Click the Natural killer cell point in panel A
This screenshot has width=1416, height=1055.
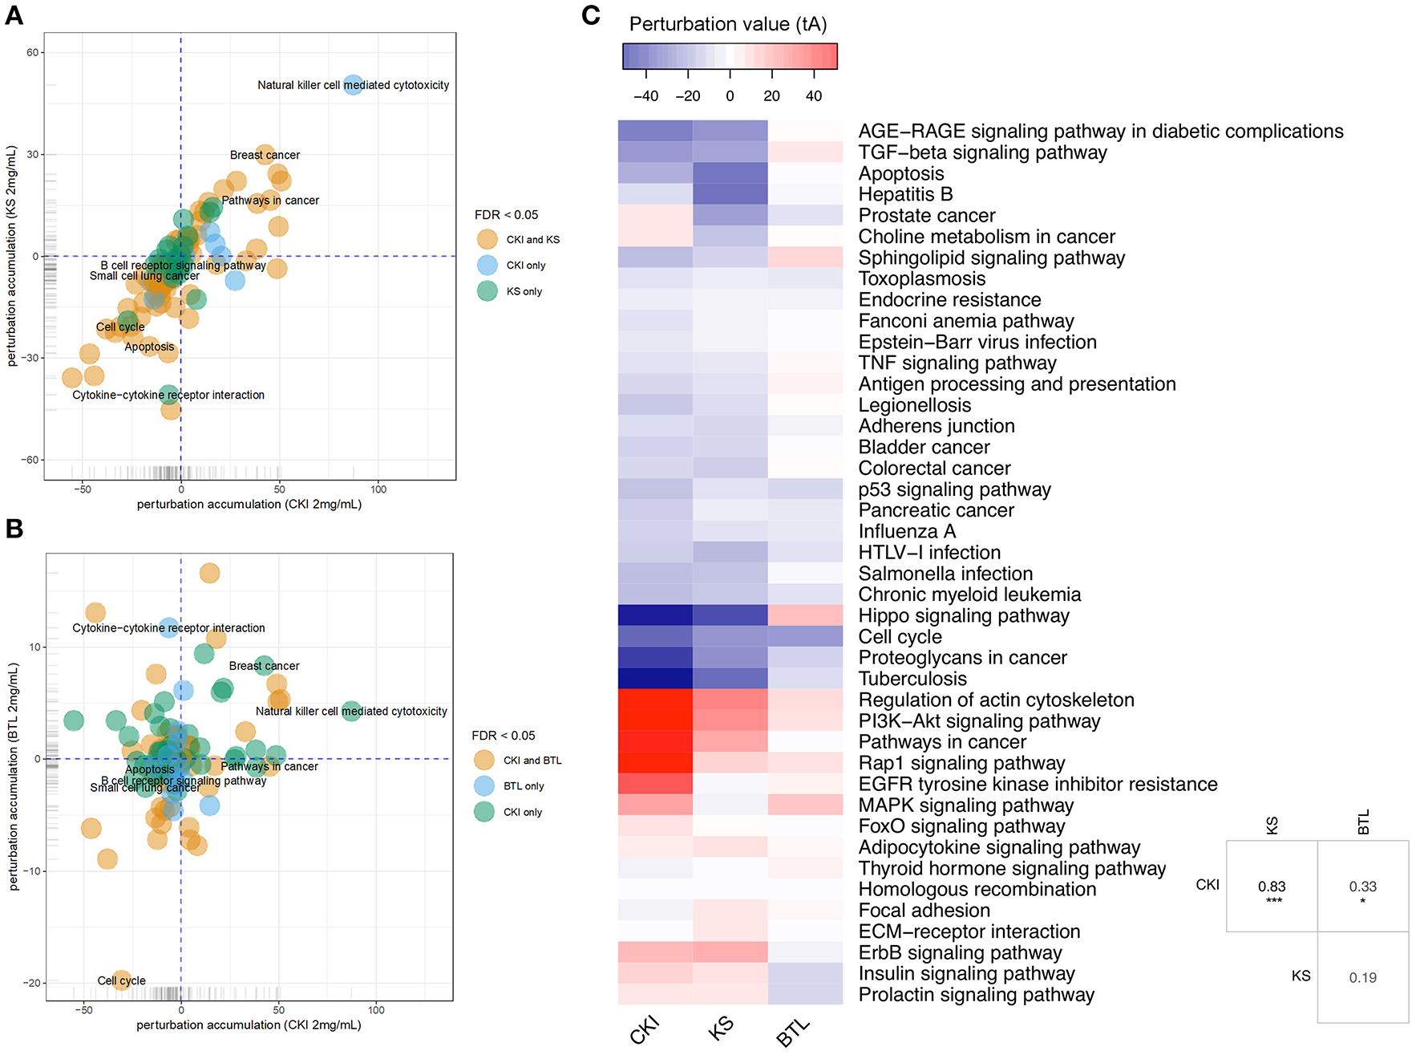click(353, 84)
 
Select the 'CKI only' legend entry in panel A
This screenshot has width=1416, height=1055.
click(525, 266)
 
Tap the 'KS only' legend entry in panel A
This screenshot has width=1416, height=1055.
click(524, 291)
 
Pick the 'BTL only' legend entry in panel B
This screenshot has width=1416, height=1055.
click(523, 786)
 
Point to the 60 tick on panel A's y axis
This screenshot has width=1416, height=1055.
click(32, 53)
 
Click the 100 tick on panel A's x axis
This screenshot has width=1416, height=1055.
click(378, 489)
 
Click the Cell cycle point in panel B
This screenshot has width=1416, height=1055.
click(121, 980)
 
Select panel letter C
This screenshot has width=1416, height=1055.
click(591, 15)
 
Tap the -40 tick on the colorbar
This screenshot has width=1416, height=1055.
click(645, 96)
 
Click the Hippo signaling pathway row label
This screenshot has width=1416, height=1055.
click(964, 615)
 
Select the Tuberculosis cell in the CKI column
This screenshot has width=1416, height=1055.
click(655, 678)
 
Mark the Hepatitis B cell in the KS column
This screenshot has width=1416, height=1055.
click(730, 194)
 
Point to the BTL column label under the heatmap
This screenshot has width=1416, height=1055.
click(794, 1033)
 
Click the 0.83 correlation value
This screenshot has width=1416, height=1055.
click(1272, 887)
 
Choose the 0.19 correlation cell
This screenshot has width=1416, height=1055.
click(1362, 977)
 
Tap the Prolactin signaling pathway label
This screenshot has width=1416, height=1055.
click(976, 995)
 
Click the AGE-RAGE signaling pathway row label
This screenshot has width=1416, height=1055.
click(1100, 131)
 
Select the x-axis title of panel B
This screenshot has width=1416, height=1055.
click(249, 1025)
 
